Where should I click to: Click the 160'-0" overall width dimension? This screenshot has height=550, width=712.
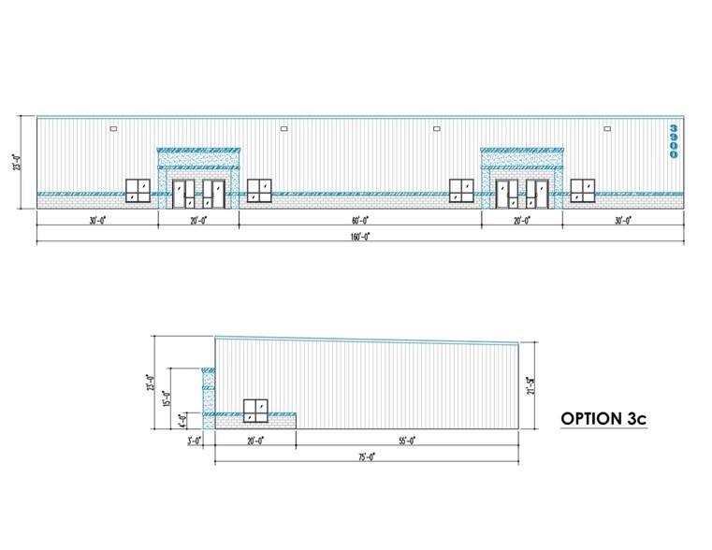[x=360, y=238]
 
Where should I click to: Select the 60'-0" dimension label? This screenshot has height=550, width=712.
[x=360, y=221]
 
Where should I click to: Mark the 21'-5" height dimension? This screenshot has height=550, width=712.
[x=530, y=385]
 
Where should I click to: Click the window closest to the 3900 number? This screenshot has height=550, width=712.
[x=582, y=190]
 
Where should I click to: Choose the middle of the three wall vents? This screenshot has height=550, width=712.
[x=283, y=128]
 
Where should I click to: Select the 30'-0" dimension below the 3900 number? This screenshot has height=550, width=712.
[x=623, y=221]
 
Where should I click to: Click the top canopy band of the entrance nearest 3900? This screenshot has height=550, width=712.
[x=522, y=150]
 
